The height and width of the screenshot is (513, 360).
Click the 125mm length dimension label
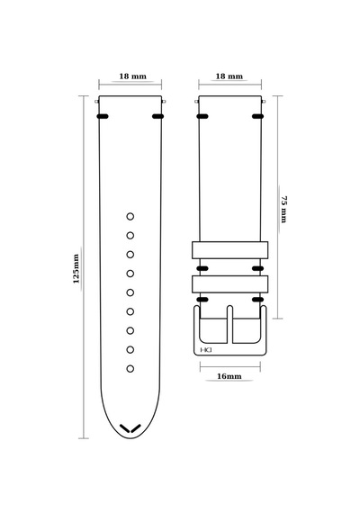pyautogui.click(x=76, y=268)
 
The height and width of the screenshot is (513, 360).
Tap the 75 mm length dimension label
pyautogui.click(x=283, y=210)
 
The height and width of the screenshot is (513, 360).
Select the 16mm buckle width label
pyautogui.click(x=229, y=376)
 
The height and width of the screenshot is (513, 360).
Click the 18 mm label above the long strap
pyautogui.click(x=132, y=76)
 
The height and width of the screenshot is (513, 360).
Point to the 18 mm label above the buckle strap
pyautogui.click(x=229, y=76)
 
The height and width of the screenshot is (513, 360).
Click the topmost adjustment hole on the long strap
pyautogui.click(x=130, y=216)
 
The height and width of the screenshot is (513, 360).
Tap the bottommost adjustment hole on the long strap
pyautogui.click(x=130, y=369)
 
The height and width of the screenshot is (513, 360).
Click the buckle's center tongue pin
pyautogui.click(x=229, y=324)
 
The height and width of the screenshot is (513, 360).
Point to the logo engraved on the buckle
pyautogui.click(x=206, y=350)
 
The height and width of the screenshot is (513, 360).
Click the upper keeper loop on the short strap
pyautogui.click(x=229, y=250)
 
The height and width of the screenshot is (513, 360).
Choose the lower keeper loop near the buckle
pyautogui.click(x=229, y=284)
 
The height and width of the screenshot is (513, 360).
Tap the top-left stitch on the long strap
pyautogui.click(x=103, y=116)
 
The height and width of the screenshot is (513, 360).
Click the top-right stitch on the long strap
pyautogui.click(x=157, y=116)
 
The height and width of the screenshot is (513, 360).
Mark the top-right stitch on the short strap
pyautogui.click(x=258, y=116)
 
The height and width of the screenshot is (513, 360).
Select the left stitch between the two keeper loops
pyautogui.click(x=202, y=268)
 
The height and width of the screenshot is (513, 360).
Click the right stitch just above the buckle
pyautogui.click(x=258, y=300)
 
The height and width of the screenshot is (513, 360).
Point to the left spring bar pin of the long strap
pyautogui.click(x=97, y=102)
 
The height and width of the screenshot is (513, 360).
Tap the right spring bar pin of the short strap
pyautogui.click(x=264, y=102)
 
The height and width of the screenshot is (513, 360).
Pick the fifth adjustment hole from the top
pyautogui.click(x=130, y=292)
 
